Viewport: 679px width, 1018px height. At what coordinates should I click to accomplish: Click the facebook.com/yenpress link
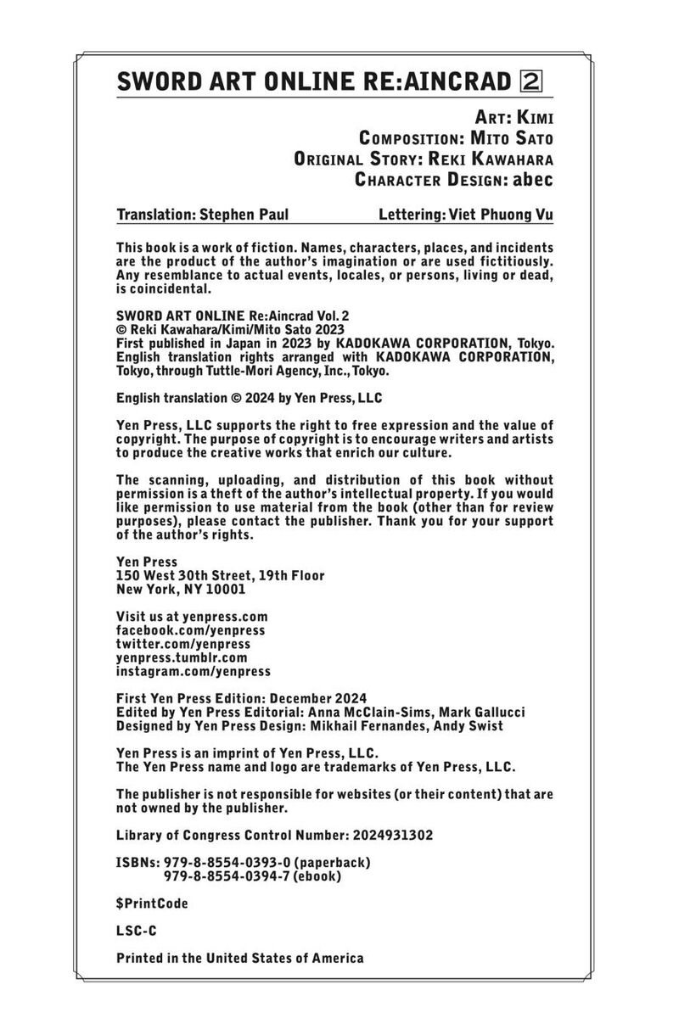190,630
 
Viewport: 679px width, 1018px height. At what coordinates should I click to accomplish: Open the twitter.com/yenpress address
182,644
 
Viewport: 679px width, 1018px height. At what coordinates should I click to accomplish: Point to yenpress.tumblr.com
182,657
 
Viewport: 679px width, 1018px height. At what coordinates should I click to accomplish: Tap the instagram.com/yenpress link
193,671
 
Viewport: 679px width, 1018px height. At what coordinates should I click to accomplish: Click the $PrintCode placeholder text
152,903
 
